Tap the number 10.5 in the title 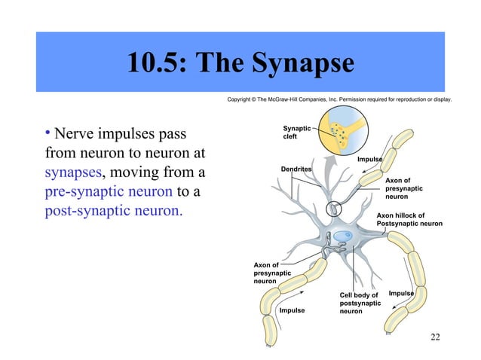(155, 64)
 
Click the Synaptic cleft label (295, 133)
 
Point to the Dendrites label (296, 169)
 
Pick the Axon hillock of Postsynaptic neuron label (409, 219)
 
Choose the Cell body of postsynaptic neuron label (360, 302)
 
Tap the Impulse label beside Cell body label (401, 292)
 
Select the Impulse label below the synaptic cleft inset (369, 160)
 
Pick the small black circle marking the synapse (332, 209)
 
